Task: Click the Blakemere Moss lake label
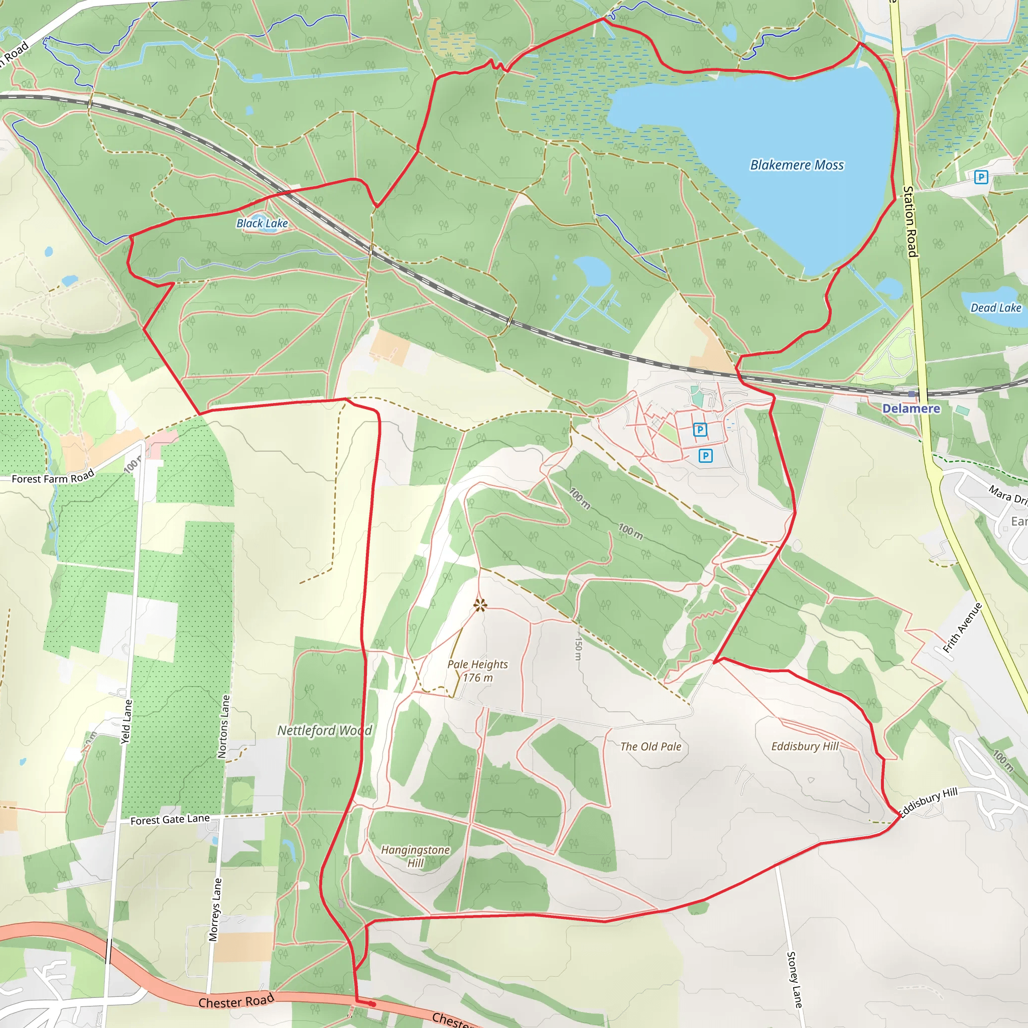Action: [797, 166]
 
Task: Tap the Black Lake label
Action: [262, 223]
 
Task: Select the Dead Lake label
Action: [995, 308]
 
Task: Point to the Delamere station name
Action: [911, 409]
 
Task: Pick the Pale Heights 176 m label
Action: [477, 671]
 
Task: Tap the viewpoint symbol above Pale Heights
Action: [480, 605]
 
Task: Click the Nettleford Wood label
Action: [325, 730]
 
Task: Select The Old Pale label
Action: [651, 746]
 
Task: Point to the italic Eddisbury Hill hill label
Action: [805, 746]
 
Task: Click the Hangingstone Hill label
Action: [416, 856]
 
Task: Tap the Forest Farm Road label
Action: [53, 477]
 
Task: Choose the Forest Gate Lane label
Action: [170, 820]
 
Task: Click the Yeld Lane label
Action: [126, 721]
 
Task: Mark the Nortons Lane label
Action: [224, 726]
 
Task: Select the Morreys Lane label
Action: [215, 910]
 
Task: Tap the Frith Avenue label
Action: [962, 628]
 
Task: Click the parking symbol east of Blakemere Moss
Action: [981, 177]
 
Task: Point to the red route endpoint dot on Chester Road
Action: [372, 1004]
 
